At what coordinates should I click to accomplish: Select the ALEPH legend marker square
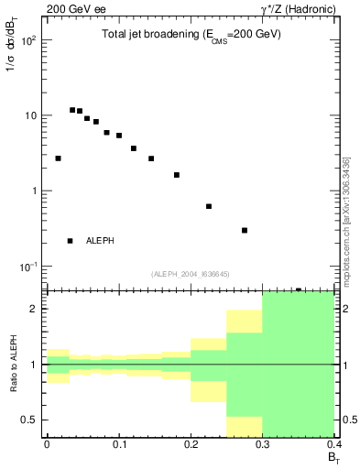pos(71,241)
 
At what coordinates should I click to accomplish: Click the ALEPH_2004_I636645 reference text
pos(190,273)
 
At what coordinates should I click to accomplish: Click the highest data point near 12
pos(72,110)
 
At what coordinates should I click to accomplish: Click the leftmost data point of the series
pos(58,158)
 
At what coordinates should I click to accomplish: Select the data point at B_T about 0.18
pos(177,175)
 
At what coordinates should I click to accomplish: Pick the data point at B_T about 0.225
pos(209,206)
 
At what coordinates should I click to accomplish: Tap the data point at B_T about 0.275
pos(245,230)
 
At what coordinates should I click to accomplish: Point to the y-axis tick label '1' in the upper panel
pos(35,191)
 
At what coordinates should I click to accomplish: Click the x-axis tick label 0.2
pos(191,444)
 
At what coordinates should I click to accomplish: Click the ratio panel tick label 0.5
pos(30,420)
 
